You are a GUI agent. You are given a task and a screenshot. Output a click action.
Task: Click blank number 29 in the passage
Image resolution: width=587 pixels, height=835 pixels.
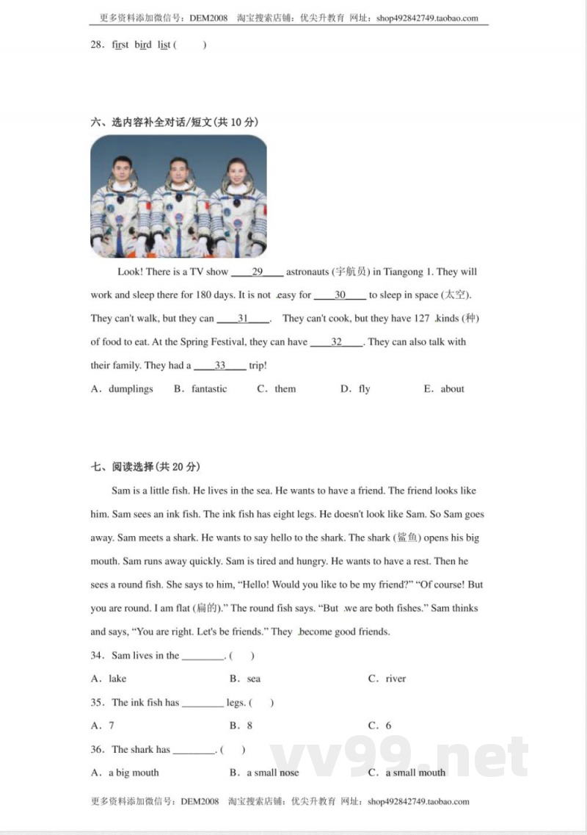257,272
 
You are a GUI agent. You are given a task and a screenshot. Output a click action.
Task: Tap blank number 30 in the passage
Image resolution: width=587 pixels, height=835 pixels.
340,295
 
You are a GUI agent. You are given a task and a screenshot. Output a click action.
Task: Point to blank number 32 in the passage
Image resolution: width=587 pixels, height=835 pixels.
336,342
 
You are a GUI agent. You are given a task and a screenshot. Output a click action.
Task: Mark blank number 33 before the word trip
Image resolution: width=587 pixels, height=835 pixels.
219,366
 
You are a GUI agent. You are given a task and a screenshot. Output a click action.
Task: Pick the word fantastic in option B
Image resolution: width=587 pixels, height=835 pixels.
209,389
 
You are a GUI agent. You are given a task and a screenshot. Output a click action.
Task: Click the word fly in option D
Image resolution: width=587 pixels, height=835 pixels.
365,389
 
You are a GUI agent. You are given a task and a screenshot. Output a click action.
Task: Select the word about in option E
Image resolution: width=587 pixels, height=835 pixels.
453,389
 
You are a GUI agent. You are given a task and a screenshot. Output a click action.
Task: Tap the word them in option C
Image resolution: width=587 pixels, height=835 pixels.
285,389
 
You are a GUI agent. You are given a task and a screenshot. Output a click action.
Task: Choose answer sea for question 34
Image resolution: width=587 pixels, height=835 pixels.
254,679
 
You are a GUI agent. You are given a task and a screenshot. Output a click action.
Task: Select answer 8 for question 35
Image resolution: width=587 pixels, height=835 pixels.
250,726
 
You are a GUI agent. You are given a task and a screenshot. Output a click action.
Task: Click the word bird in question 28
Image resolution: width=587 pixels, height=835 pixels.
143,45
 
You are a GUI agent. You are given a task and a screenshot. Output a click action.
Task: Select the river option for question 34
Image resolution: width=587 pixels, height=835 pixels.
395,679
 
